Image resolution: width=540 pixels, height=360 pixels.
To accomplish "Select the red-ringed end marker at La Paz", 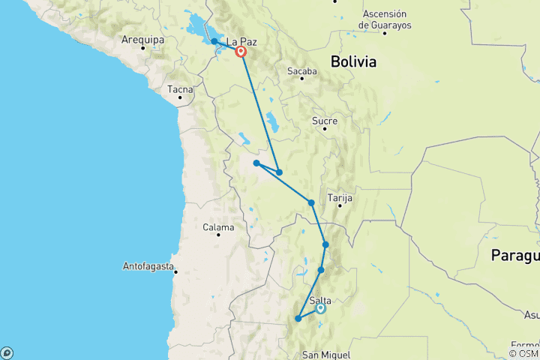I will [241, 52].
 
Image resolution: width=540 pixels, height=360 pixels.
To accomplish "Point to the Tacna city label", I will [180, 89].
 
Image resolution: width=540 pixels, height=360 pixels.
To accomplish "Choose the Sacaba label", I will [301, 71].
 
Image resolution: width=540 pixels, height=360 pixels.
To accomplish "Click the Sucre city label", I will [324, 121].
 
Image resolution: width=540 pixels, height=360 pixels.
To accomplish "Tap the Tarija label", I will [340, 198].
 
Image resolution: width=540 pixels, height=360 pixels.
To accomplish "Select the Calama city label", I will [219, 227].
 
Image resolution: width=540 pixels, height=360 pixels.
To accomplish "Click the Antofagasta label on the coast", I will [150, 266].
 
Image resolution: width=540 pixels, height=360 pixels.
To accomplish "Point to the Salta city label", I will [320, 300].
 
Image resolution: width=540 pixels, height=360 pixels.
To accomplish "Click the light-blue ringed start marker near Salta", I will [320, 308].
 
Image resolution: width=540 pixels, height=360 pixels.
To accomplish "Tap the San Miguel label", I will [325, 354].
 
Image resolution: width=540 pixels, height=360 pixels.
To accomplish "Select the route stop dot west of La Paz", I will [214, 41].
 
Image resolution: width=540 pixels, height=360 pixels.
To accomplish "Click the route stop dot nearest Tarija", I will [310, 202].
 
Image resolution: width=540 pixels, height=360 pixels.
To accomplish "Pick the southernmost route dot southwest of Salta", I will [298, 319].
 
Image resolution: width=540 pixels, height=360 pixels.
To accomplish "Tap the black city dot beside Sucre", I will [325, 129].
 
